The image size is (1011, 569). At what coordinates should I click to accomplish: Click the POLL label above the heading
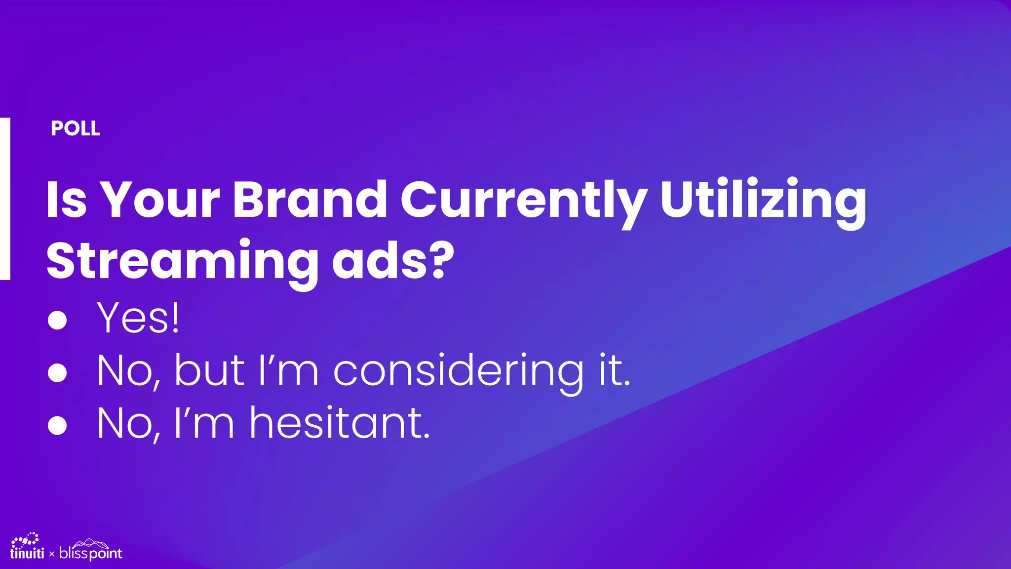75,128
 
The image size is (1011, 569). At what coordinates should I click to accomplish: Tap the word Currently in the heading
523,200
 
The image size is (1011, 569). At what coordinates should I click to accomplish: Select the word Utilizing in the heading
763,200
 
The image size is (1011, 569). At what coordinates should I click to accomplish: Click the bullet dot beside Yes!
57,320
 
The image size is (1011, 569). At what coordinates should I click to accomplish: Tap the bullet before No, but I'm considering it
57,373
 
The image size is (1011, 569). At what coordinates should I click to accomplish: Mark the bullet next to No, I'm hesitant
57,425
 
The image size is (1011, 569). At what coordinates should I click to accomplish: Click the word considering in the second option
459,371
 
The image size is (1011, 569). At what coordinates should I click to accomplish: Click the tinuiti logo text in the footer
27,553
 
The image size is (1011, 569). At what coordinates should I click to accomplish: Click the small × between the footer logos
52,554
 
